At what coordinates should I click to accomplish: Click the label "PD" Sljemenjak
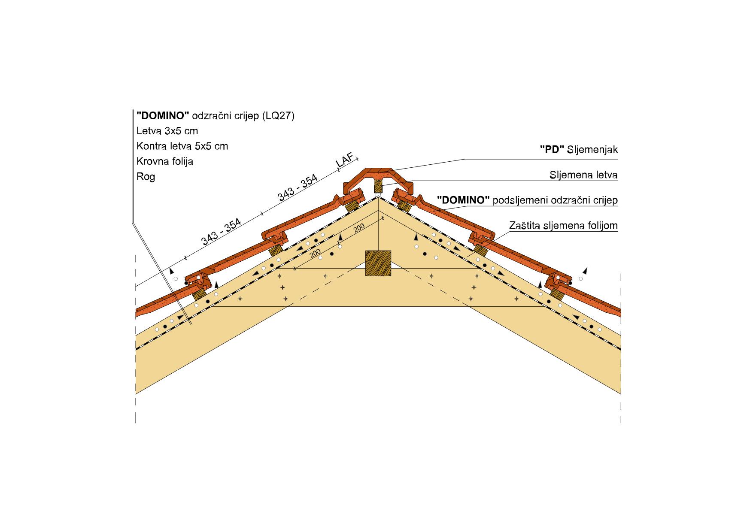pyautogui.click(x=579, y=150)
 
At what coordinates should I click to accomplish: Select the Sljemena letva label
pyautogui.click(x=584, y=175)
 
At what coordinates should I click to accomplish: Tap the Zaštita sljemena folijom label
pyautogui.click(x=564, y=225)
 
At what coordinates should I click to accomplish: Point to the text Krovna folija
pyautogui.click(x=165, y=161)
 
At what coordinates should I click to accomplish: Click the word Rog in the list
pyautogui.click(x=146, y=177)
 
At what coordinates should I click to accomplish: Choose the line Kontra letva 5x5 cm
pyautogui.click(x=182, y=146)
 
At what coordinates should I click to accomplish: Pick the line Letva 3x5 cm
pyautogui.click(x=167, y=130)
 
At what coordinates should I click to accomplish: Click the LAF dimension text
pyautogui.click(x=346, y=162)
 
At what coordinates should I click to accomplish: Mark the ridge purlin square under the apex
pyautogui.click(x=378, y=263)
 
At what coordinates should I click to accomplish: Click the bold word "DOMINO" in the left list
pyautogui.click(x=163, y=115)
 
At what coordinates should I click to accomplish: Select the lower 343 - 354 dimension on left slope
pyautogui.click(x=222, y=232)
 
